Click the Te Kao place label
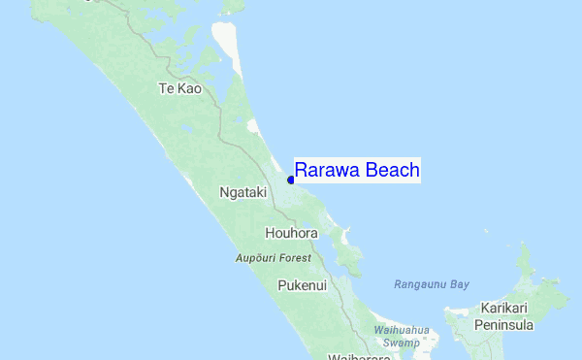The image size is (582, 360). [x=179, y=88]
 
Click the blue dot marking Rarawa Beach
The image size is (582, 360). [x=290, y=180]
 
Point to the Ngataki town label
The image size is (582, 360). [x=242, y=192]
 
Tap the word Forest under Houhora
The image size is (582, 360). [x=295, y=258]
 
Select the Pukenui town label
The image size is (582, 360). [x=302, y=286]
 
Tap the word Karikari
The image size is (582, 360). [x=503, y=309]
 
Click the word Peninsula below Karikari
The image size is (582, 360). [x=503, y=325]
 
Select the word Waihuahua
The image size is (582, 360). [x=401, y=330]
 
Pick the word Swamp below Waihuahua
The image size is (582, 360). [x=401, y=343]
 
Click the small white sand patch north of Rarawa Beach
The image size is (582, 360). [x=254, y=125]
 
